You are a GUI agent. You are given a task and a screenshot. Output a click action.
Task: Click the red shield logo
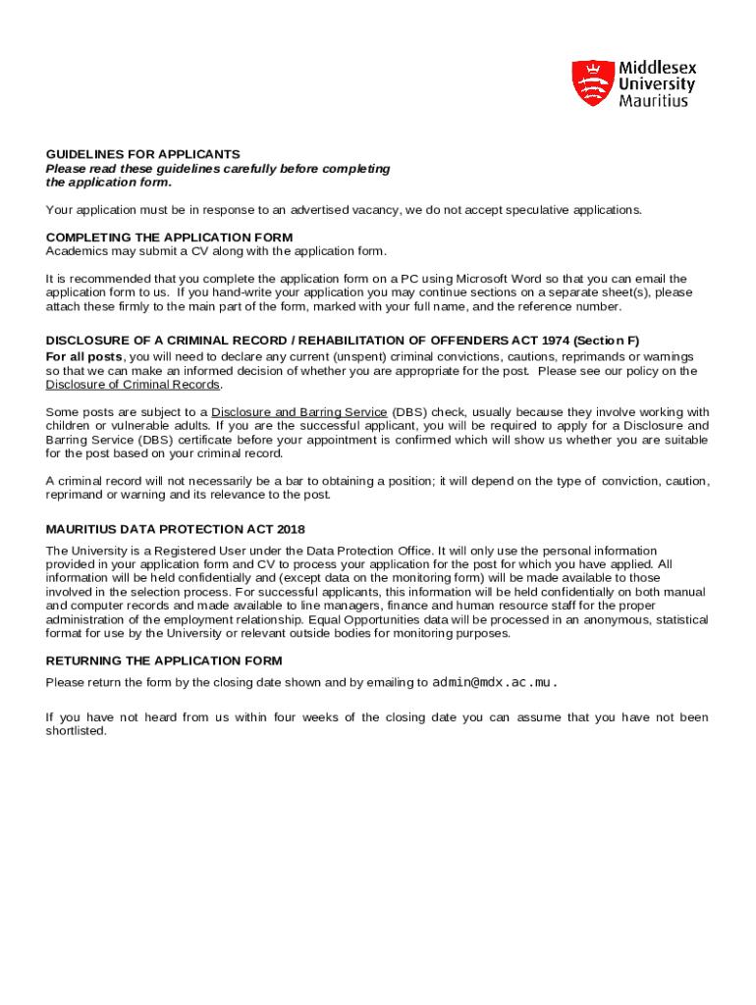point(592,82)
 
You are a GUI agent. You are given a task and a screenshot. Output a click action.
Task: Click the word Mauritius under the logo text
point(653,101)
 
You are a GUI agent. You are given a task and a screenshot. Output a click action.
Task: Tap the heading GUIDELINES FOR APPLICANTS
point(142,155)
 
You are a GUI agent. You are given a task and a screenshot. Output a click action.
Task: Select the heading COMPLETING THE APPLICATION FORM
point(169,238)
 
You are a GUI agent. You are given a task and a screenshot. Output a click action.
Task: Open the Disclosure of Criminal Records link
point(133,385)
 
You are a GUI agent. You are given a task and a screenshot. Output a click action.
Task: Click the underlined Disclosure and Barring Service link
point(298,412)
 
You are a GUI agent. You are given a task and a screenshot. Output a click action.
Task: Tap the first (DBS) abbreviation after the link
point(409,412)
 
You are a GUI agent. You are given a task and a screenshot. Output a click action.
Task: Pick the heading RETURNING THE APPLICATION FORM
point(164,661)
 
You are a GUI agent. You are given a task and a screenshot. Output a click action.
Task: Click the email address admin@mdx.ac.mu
point(494,683)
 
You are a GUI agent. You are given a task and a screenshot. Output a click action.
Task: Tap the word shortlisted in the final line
point(76,731)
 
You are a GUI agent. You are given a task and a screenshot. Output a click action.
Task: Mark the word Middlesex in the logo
point(657,69)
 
